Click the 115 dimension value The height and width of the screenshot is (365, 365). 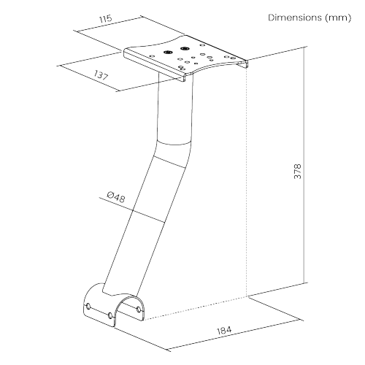click(105, 19)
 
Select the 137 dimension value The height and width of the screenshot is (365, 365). click(101, 75)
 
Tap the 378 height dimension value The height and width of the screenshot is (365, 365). click(297, 172)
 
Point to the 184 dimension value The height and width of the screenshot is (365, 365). click(224, 331)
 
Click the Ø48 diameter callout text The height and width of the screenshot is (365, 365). click(116, 197)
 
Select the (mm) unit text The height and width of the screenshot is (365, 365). click(338, 18)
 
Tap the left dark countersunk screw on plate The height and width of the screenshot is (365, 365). click(167, 52)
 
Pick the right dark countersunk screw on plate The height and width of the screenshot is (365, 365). click(185, 48)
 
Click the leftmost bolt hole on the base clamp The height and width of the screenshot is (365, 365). click(88, 306)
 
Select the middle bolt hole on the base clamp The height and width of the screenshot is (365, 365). click(110, 315)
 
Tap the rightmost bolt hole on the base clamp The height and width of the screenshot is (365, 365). click(139, 310)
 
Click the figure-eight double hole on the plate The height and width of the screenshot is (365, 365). click(182, 67)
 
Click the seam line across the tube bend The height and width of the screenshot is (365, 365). click(169, 161)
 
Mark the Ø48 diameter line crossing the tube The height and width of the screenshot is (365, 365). click(131, 210)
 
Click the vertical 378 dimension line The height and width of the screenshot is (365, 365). click(304, 165)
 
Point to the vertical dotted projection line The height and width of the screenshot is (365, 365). click(247, 182)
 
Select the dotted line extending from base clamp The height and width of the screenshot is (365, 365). click(196, 309)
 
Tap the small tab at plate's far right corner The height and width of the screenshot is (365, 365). click(244, 64)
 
